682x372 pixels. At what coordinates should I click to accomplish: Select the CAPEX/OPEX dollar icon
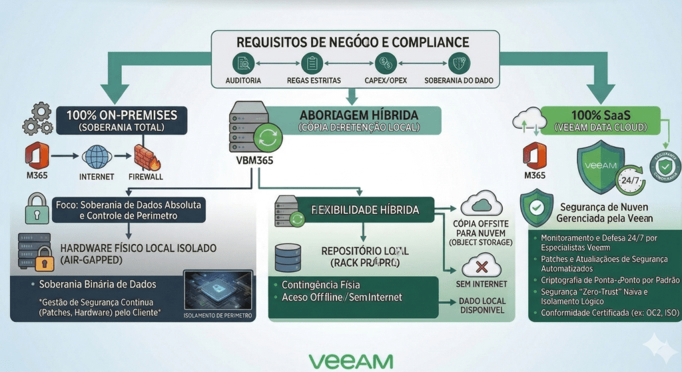click(x=384, y=64)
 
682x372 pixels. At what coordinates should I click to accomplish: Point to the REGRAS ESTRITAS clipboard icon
click(x=310, y=64)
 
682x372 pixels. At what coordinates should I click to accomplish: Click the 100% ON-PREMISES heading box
click(x=126, y=119)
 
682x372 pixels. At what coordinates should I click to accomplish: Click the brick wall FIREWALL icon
click(x=145, y=157)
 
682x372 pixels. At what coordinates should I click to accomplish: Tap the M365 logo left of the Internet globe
click(x=37, y=157)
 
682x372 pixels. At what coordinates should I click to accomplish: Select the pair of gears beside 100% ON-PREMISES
click(x=37, y=118)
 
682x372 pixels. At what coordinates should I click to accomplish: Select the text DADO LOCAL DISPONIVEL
click(x=482, y=305)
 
